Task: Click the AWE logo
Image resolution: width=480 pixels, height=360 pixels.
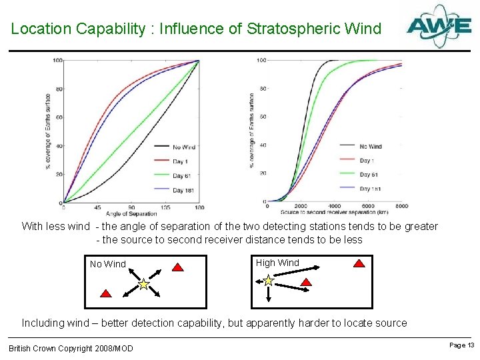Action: [x=439, y=27]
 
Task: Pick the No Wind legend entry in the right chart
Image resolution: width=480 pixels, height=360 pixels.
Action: [x=371, y=147]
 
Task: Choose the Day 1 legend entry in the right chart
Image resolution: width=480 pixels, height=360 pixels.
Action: [x=366, y=161]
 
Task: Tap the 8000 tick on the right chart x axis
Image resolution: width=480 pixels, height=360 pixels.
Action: [x=401, y=207]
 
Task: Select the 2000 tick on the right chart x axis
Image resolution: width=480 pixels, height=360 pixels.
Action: [x=300, y=207]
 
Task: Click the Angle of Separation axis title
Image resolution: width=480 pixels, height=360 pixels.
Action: [x=131, y=213]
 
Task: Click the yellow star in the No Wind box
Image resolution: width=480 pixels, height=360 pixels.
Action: [x=143, y=285]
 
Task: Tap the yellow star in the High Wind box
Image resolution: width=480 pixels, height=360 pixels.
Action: [x=268, y=281]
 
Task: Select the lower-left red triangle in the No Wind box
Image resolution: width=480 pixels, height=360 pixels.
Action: [x=105, y=293]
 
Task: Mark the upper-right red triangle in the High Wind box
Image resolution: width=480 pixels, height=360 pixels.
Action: [x=359, y=263]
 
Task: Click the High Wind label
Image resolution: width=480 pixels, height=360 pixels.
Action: [x=277, y=263]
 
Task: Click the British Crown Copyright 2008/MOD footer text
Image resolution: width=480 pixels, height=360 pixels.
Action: [x=71, y=348]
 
